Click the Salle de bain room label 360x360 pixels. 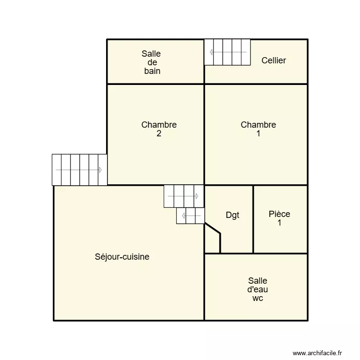(151, 62)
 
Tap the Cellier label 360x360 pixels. (274, 60)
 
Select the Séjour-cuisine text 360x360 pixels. (122, 257)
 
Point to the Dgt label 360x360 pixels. (232, 216)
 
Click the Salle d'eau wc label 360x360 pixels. (257, 289)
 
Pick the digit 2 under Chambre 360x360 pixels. (159, 134)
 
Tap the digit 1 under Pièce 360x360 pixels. (279, 223)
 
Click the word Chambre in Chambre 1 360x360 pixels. (258, 125)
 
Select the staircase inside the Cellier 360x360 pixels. (228, 52)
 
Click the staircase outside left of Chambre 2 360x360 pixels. (79, 169)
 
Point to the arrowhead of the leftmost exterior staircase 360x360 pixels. (100, 170)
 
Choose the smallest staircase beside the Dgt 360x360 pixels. (190, 216)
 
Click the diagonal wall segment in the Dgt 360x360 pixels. (213, 228)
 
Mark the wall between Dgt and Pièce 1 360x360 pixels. (253, 219)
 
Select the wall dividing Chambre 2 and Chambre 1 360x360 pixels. (204, 134)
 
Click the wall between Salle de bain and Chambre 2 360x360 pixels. (156, 84)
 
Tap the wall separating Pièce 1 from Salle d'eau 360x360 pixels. (280, 253)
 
